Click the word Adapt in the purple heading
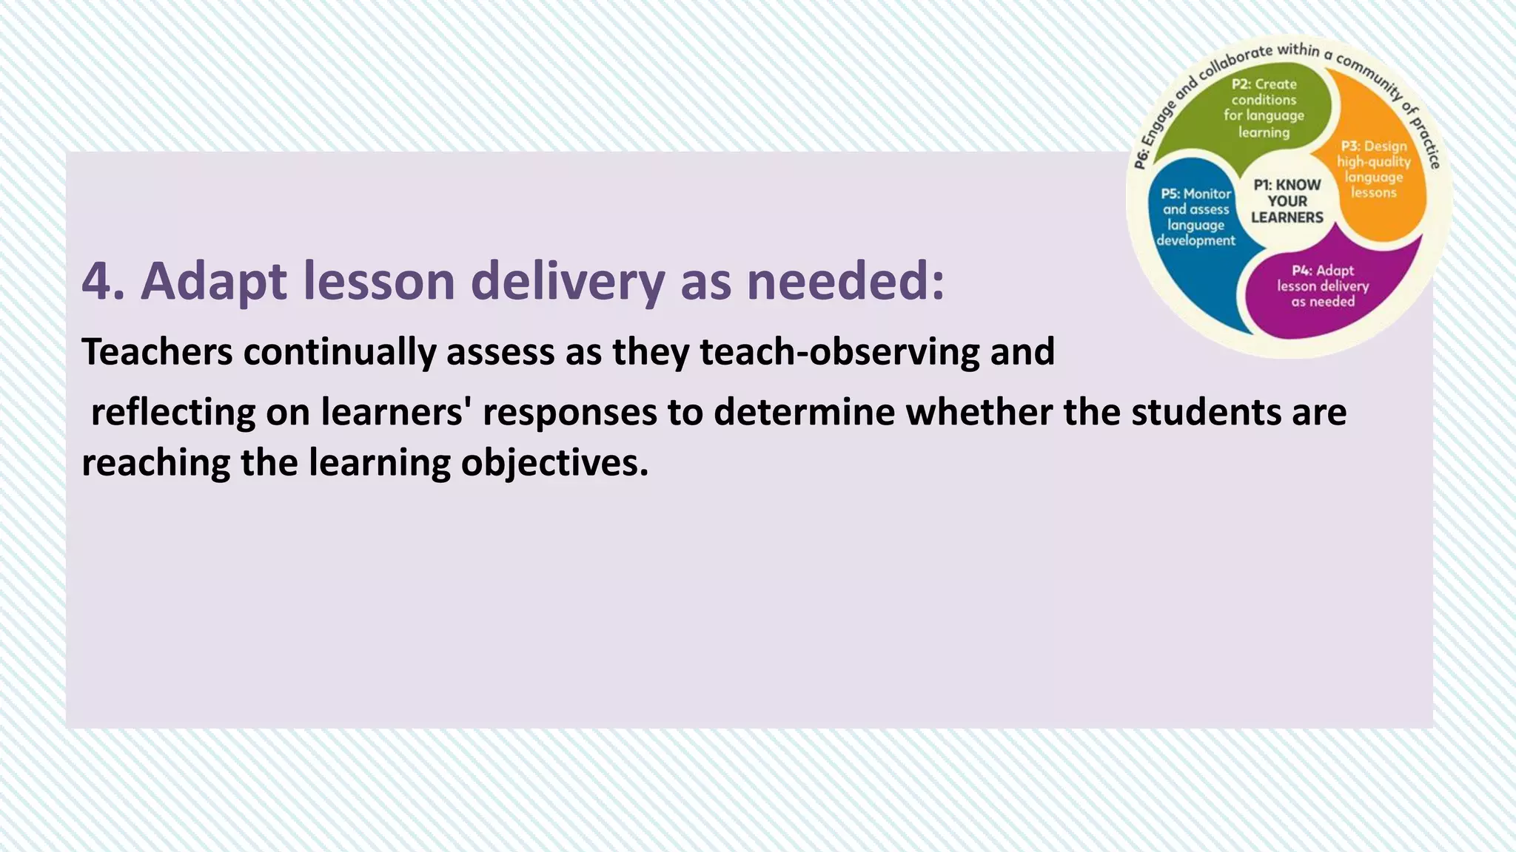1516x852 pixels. [213, 282]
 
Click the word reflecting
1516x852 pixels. [172, 412]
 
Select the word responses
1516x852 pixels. [569, 412]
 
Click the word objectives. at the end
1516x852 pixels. [554, 463]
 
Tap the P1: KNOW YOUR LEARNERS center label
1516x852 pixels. [1287, 201]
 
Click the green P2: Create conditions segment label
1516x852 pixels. [1264, 108]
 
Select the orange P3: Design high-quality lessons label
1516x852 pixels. [1373, 169]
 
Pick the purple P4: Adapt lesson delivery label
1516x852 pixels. [1323, 286]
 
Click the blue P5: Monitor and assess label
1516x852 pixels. [1195, 217]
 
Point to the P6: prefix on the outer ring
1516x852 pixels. [1140, 158]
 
